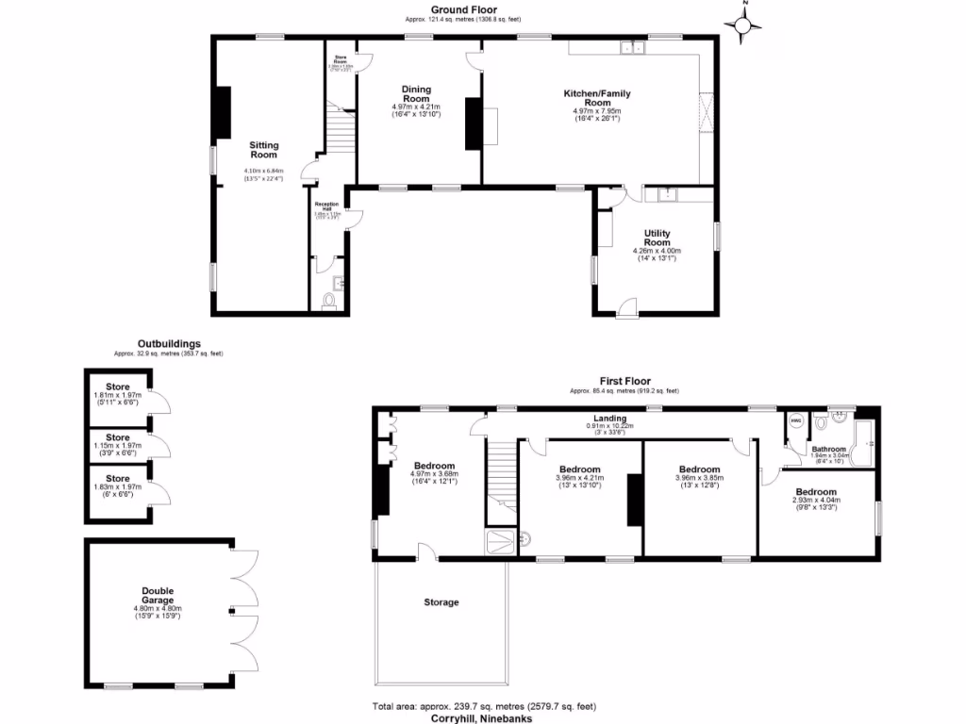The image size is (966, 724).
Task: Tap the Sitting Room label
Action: click(264, 150)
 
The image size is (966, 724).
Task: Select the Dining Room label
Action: click(416, 93)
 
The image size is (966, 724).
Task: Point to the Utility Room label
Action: click(657, 238)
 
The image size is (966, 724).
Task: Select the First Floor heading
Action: click(624, 381)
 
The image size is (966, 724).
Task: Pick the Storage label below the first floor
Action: click(441, 601)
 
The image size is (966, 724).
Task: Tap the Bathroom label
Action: click(829, 449)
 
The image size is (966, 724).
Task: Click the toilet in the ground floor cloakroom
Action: click(328, 300)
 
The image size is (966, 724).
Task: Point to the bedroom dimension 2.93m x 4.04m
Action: click(815, 507)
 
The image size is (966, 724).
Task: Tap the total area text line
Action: click(484, 706)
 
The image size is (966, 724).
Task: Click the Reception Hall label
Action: click(326, 206)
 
